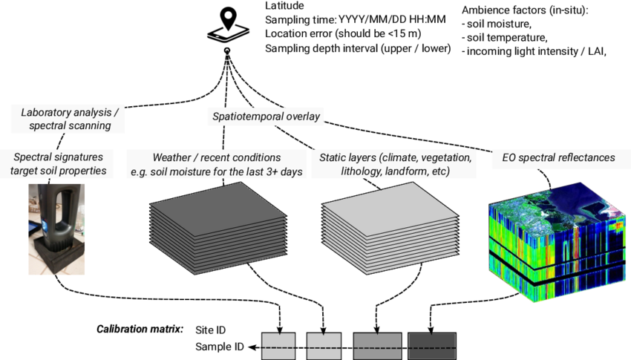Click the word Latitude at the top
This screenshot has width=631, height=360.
pos(285,6)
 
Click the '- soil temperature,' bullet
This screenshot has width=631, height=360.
pos(504,38)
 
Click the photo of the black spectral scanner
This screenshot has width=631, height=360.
pos(56,229)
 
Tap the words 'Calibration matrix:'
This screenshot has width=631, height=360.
pos(141,329)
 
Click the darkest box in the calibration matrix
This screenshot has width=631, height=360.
pos(431,346)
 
